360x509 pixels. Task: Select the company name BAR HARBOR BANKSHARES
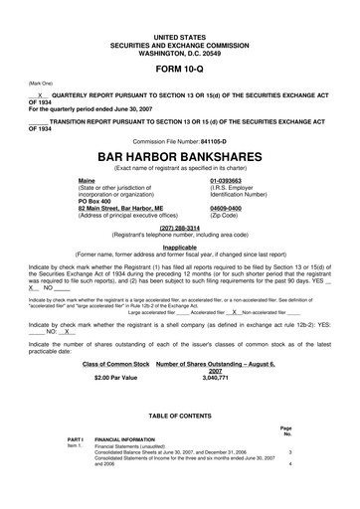coord(179,157)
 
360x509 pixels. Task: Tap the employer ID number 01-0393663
coord(232,180)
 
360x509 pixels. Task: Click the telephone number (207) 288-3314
coord(179,227)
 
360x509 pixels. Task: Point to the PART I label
coord(75,438)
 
